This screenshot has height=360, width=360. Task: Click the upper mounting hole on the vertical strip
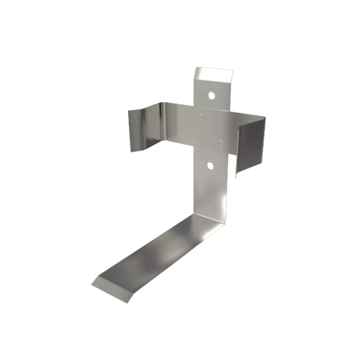(x=211, y=95)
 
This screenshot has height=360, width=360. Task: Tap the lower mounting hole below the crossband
(x=210, y=166)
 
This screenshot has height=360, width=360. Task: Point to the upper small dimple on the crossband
(x=200, y=115)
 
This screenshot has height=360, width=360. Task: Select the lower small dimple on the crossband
(x=220, y=142)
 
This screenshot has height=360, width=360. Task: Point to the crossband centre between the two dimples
(x=210, y=129)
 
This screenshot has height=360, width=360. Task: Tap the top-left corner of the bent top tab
(x=196, y=67)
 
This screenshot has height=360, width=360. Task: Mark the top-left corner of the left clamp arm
(x=128, y=110)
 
